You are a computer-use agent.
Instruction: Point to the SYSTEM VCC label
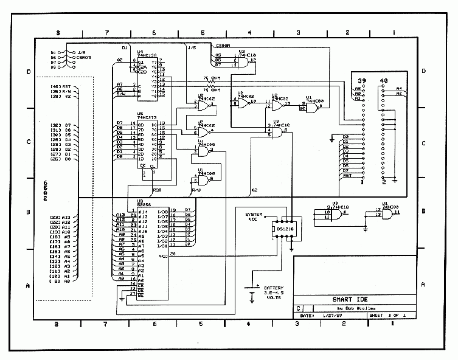(x=254, y=218)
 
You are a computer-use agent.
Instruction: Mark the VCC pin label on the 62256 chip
(x=163, y=257)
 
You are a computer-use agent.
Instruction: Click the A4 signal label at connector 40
(x=399, y=89)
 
